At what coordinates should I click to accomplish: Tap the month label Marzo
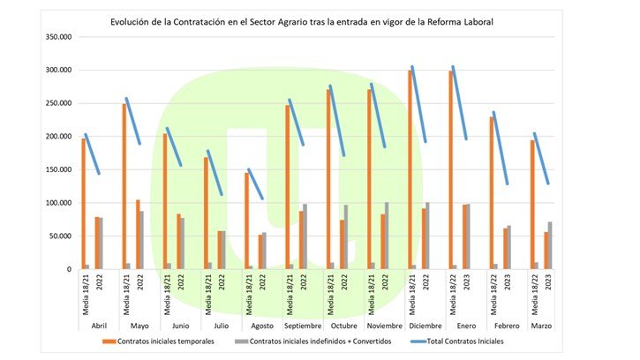coord(542,326)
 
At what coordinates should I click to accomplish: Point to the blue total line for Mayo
coord(132,121)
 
